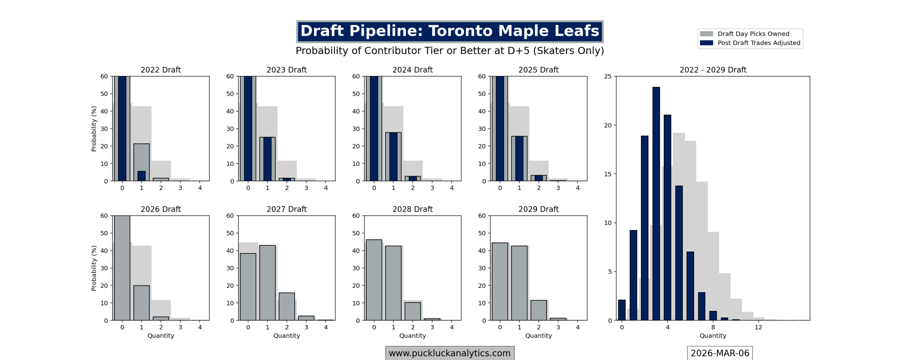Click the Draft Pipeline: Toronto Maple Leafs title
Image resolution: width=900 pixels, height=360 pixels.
pyautogui.click(x=449, y=31)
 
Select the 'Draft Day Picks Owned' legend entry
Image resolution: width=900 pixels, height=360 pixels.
pyautogui.click(x=753, y=34)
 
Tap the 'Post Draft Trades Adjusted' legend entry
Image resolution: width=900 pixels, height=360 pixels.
pyautogui.click(x=758, y=43)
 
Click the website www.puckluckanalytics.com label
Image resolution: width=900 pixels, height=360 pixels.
pyautogui.click(x=449, y=353)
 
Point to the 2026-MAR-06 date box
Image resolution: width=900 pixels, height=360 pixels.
pyautogui.click(x=719, y=353)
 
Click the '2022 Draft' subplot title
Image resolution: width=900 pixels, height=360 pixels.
pyautogui.click(x=161, y=70)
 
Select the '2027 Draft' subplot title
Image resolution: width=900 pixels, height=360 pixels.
pyautogui.click(x=287, y=209)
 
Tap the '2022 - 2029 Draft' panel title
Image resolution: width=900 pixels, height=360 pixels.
pyautogui.click(x=713, y=70)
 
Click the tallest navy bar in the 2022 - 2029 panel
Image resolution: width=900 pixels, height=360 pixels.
pyautogui.click(x=656, y=204)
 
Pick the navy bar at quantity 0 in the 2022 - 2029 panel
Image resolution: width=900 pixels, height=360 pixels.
pyautogui.click(x=622, y=310)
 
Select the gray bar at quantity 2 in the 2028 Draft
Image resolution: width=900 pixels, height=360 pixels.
pyautogui.click(x=412, y=311)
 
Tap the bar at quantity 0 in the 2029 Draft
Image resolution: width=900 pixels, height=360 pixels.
pyautogui.click(x=500, y=281)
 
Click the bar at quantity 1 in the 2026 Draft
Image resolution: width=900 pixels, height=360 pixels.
pyautogui.click(x=141, y=303)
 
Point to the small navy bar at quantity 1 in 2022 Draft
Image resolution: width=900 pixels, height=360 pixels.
pyautogui.click(x=141, y=176)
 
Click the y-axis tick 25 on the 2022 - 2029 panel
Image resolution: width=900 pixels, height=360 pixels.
pyautogui.click(x=608, y=76)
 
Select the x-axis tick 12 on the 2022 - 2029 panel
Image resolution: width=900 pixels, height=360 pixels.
pyautogui.click(x=758, y=327)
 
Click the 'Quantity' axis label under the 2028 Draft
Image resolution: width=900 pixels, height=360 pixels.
pyautogui.click(x=412, y=336)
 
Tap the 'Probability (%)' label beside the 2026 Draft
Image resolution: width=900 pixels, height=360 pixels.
pyautogui.click(x=94, y=268)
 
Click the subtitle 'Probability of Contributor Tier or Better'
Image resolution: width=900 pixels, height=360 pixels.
pyautogui.click(x=449, y=51)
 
